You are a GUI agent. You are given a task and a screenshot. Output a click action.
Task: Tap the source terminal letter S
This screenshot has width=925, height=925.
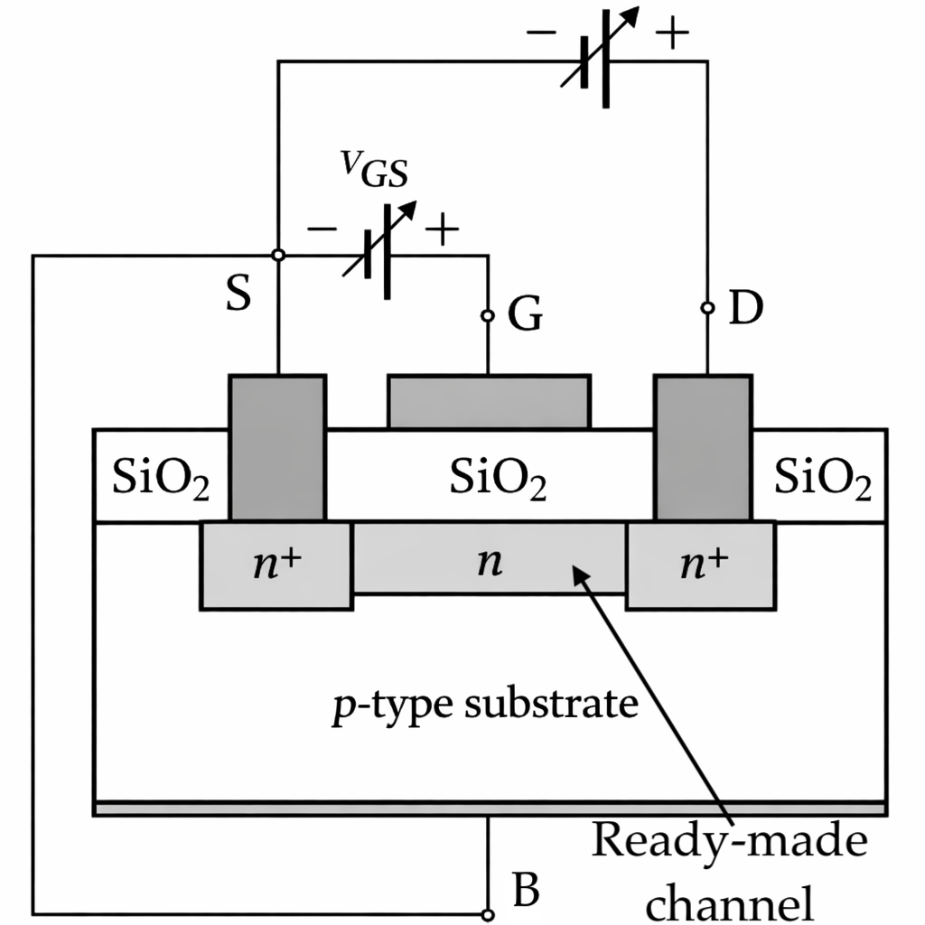(x=238, y=295)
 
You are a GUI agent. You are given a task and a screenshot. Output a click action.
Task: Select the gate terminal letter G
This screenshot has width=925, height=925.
(x=525, y=316)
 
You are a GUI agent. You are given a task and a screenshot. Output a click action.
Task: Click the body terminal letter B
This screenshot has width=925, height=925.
(x=526, y=891)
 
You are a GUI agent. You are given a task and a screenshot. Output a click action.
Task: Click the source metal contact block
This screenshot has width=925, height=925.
(x=277, y=447)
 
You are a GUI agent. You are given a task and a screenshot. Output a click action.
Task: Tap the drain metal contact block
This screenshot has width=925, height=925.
(x=703, y=447)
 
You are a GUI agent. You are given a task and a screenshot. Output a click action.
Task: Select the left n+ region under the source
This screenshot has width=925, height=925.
(x=276, y=564)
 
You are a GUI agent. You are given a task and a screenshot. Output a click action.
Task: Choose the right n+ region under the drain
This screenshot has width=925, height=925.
(x=701, y=564)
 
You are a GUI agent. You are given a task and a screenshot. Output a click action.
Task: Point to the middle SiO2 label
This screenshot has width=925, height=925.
(x=498, y=480)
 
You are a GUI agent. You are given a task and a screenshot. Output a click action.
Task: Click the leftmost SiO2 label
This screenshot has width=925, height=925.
(x=161, y=479)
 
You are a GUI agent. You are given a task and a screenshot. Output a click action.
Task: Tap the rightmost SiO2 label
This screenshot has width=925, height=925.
(x=823, y=480)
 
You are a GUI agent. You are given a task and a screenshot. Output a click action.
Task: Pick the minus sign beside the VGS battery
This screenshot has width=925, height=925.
(x=322, y=229)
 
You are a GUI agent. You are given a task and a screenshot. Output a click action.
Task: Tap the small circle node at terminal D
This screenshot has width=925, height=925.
(x=708, y=309)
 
